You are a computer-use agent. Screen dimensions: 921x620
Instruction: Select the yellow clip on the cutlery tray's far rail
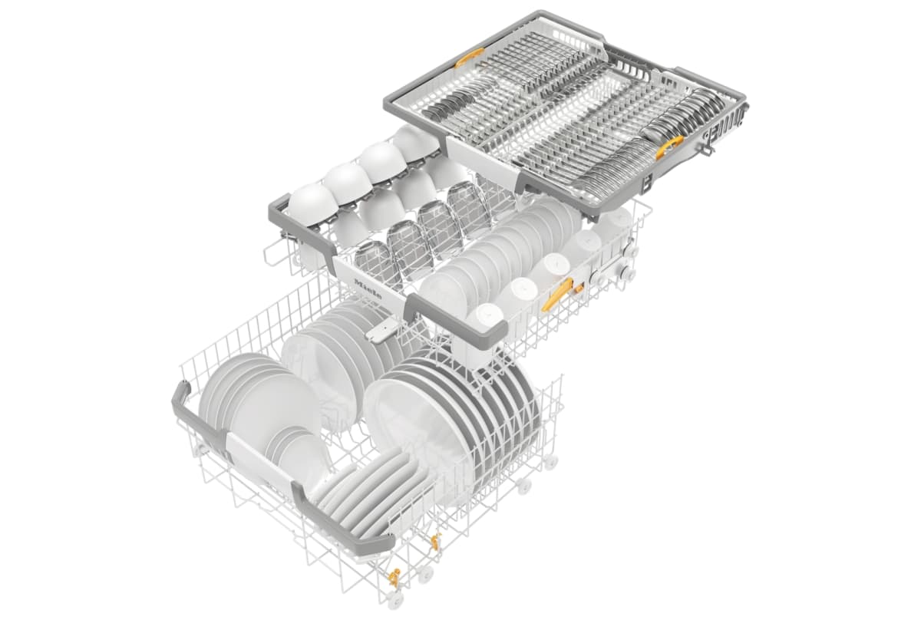click(470, 58)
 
